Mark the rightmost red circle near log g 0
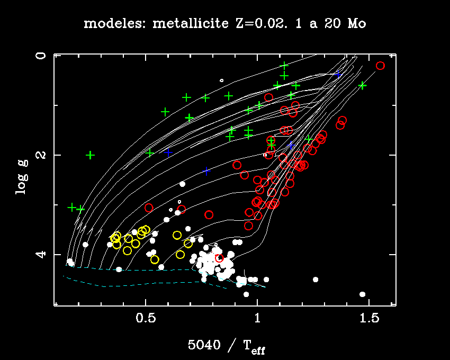pos(380,66)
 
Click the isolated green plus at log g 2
pos(91,155)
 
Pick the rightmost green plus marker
pos(362,85)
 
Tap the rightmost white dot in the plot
pos(363,294)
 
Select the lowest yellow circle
pos(155,259)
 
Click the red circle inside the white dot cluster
pos(219,258)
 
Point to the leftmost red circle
pos(149,208)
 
